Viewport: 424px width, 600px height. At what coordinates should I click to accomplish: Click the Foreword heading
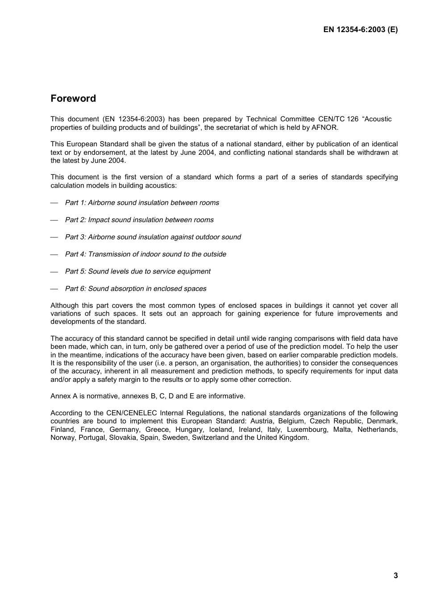click(x=73, y=99)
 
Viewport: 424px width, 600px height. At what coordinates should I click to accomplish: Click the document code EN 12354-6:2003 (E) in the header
click(x=360, y=30)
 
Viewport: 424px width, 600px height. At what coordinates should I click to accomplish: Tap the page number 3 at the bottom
click(x=395, y=575)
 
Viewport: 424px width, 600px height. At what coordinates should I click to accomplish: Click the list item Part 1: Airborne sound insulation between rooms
click(x=142, y=203)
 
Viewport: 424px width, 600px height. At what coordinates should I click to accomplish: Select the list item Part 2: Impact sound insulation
click(x=139, y=220)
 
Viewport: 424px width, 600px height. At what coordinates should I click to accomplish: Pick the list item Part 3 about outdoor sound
click(x=153, y=237)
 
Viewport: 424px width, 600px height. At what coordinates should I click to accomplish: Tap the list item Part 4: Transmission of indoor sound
click(x=145, y=254)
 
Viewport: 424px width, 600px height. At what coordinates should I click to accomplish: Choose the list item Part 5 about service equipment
click(x=137, y=272)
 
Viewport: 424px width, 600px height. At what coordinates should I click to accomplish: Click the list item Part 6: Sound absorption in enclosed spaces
click(x=136, y=289)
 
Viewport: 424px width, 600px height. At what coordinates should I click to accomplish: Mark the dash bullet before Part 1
click(x=54, y=203)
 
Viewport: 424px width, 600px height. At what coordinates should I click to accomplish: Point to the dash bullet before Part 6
click(x=54, y=289)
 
